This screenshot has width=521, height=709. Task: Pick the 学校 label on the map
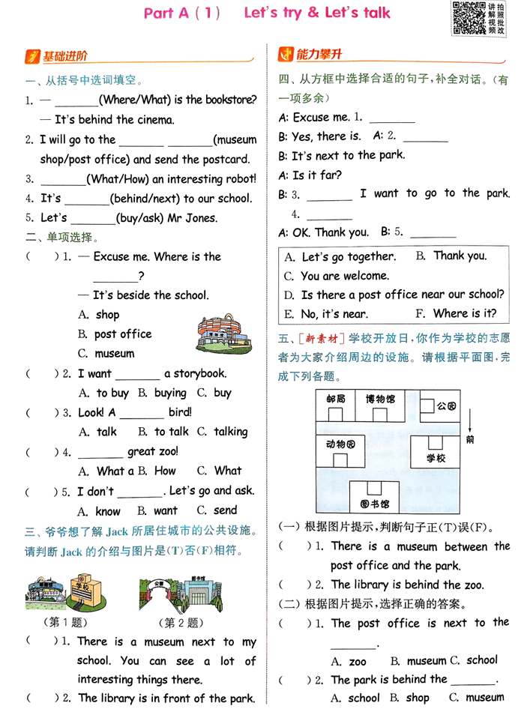(436, 456)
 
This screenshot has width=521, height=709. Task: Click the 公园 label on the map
(447, 405)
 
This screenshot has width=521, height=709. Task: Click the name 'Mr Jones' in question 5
(194, 218)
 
